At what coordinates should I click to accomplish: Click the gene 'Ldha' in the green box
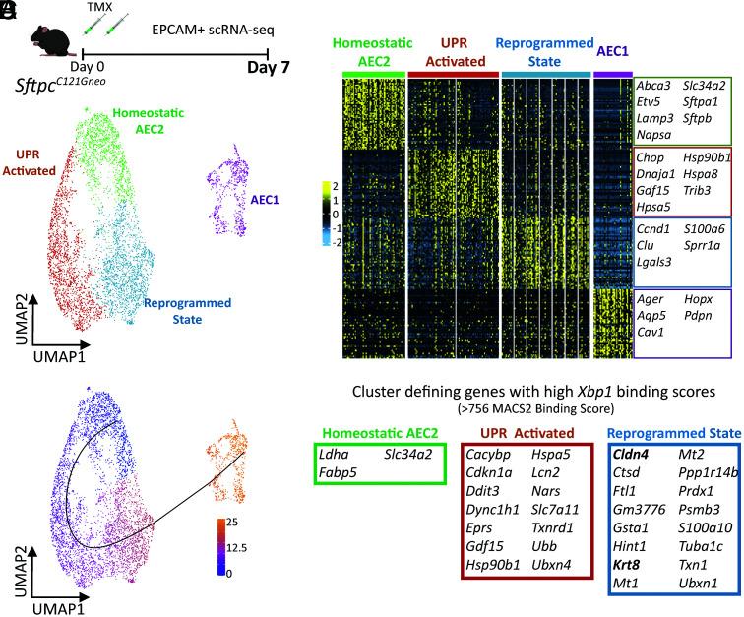335,457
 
